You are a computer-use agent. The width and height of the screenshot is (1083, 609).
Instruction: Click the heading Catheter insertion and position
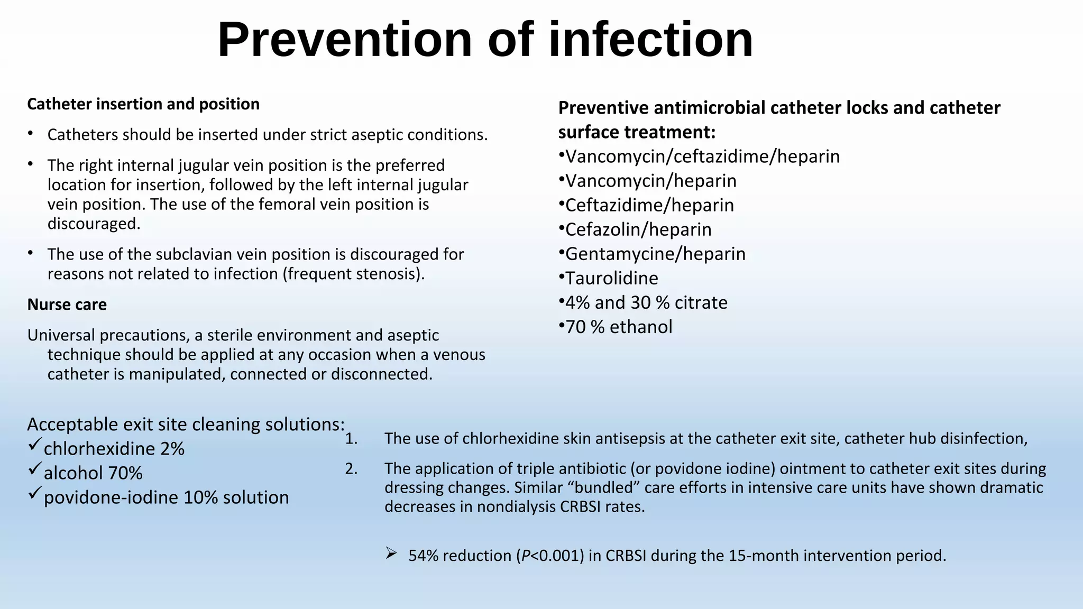[x=143, y=104]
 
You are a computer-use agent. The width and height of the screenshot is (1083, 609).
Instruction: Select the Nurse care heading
[x=67, y=304]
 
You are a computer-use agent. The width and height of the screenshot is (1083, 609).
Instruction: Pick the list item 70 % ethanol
[x=619, y=327]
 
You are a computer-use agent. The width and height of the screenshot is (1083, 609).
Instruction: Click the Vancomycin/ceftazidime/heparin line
[x=702, y=156]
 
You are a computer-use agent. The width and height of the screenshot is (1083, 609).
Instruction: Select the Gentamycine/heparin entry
[x=655, y=254]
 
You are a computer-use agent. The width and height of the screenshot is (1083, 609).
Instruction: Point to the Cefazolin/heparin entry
[x=638, y=229]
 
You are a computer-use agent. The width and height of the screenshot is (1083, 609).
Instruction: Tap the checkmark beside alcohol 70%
[x=34, y=469]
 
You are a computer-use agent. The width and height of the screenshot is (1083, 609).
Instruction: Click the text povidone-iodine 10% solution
[x=166, y=497]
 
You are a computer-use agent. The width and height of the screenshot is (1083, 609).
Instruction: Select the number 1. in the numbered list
[x=351, y=439]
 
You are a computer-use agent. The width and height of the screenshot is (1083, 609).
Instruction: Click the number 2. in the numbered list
[x=351, y=469]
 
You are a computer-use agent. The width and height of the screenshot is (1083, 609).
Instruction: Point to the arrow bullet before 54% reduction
[x=391, y=553]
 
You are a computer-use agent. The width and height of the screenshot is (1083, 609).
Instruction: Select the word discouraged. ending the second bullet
[x=94, y=224]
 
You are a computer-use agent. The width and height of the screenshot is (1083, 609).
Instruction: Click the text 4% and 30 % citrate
[x=646, y=302]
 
